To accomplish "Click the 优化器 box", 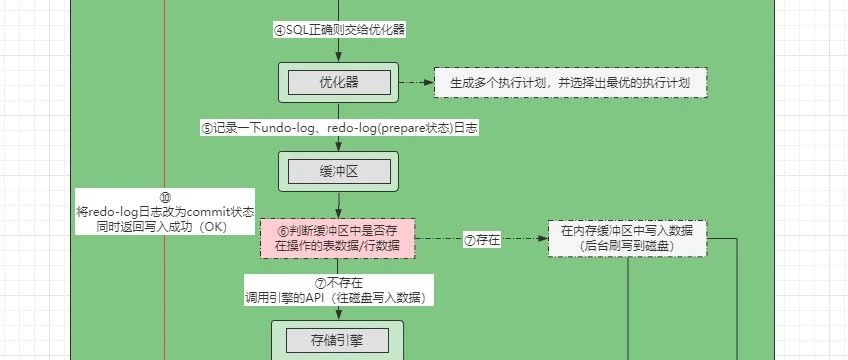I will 338,82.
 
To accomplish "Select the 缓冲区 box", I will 338,171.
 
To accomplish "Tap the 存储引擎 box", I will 338,340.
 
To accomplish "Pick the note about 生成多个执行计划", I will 571,82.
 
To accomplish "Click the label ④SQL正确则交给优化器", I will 338,30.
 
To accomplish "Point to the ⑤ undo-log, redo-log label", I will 338,127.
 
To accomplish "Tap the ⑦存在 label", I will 482,240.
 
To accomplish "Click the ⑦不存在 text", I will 338,283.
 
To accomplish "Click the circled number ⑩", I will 165,198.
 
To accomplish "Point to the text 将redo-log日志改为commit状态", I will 165,212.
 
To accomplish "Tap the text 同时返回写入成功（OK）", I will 165,227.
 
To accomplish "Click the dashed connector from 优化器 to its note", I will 416,82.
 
